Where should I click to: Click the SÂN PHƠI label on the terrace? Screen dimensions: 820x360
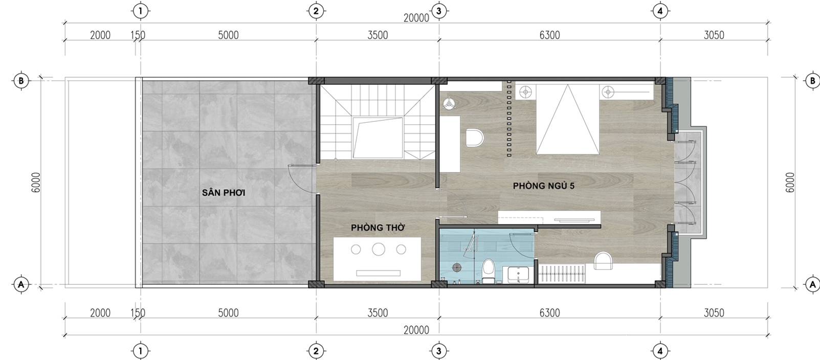click(x=224, y=192)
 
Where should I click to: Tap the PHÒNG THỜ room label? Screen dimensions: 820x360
click(x=378, y=228)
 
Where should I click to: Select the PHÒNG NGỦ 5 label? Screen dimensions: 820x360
click(x=544, y=186)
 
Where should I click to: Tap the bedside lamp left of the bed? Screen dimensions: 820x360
click(x=526, y=92)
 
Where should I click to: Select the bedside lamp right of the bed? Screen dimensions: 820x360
click(x=608, y=92)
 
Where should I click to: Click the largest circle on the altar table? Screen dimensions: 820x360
click(x=379, y=249)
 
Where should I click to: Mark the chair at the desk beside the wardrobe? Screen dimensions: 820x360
click(x=603, y=260)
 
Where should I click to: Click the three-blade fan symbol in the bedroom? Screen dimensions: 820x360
click(x=449, y=103)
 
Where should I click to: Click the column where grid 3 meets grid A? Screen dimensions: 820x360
click(x=439, y=284)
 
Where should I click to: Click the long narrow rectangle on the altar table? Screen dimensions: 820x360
click(x=378, y=273)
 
